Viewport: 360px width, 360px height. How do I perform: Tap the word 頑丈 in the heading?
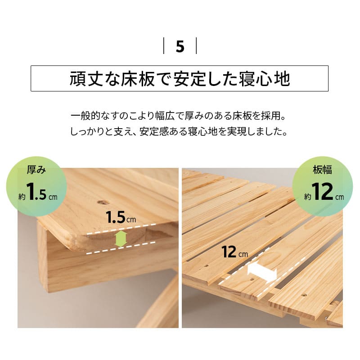[85, 79]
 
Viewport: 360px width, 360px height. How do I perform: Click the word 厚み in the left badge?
[36, 170]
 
